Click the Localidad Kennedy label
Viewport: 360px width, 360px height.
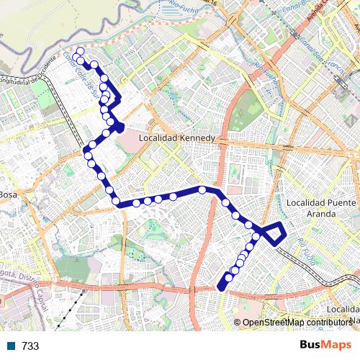tap(176, 138)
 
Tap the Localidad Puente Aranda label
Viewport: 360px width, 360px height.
tap(320, 209)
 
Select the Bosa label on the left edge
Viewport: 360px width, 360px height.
tap(7, 194)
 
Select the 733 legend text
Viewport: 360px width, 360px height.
tap(30, 346)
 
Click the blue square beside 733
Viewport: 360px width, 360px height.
tap(12, 346)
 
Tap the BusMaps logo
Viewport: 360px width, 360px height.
tap(325, 346)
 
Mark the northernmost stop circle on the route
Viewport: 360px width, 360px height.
tap(80, 52)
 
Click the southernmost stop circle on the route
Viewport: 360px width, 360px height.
tap(229, 278)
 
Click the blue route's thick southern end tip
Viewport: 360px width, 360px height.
tap(221, 287)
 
